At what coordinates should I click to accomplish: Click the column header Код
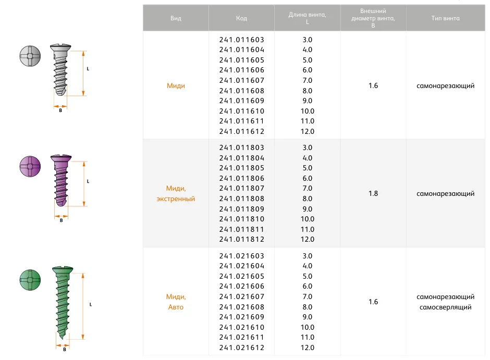(241, 18)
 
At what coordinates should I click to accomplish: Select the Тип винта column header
(445, 18)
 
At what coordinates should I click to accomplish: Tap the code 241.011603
(242, 40)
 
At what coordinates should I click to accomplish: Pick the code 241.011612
(242, 132)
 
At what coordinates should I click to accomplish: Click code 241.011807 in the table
(242, 189)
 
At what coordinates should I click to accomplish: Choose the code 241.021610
(242, 327)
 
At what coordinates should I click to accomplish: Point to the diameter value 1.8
(373, 194)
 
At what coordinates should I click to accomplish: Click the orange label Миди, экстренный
(176, 194)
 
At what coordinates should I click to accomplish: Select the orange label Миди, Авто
(176, 302)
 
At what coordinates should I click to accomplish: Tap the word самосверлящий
(445, 307)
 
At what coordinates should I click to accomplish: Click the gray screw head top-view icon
(29, 56)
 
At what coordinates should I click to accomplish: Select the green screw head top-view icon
(29, 280)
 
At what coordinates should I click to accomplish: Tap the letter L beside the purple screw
(88, 181)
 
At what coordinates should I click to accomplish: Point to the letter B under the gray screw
(60, 110)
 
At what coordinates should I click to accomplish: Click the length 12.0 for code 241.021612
(308, 348)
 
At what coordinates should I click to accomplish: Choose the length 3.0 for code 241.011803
(308, 148)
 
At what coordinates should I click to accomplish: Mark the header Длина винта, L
(308, 18)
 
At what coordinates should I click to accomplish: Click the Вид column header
(176, 18)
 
